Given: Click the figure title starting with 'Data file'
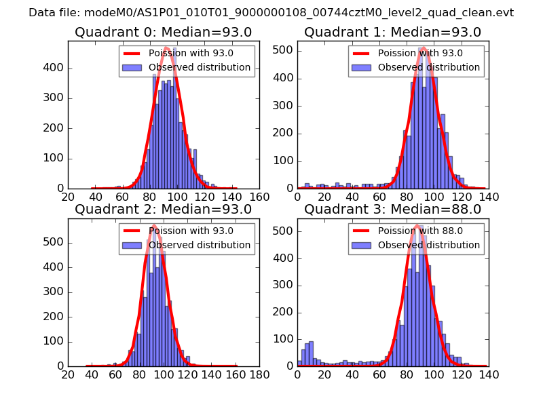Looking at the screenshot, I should (271, 13).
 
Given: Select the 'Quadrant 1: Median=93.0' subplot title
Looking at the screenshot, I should (392, 32).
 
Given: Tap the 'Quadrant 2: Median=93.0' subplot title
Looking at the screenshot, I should (163, 209).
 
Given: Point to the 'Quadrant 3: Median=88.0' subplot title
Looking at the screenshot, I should (392, 209).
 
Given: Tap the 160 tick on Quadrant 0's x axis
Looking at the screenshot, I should (259, 197).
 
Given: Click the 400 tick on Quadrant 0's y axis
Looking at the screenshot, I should (56, 69).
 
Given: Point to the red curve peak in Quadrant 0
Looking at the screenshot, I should (166, 47).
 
